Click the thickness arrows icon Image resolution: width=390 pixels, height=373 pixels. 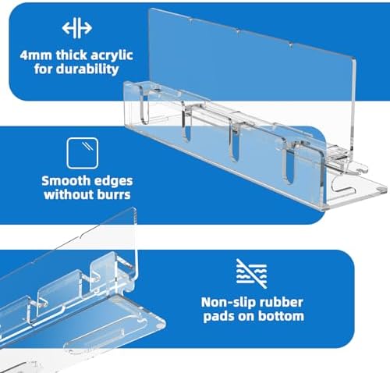[x=77, y=28]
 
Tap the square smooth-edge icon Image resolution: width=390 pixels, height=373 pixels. [x=83, y=153]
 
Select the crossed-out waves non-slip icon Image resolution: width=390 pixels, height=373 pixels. [x=251, y=274]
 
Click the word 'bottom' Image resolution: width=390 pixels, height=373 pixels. [x=281, y=316]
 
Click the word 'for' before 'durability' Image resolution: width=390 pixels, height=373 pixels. [x=44, y=69]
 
